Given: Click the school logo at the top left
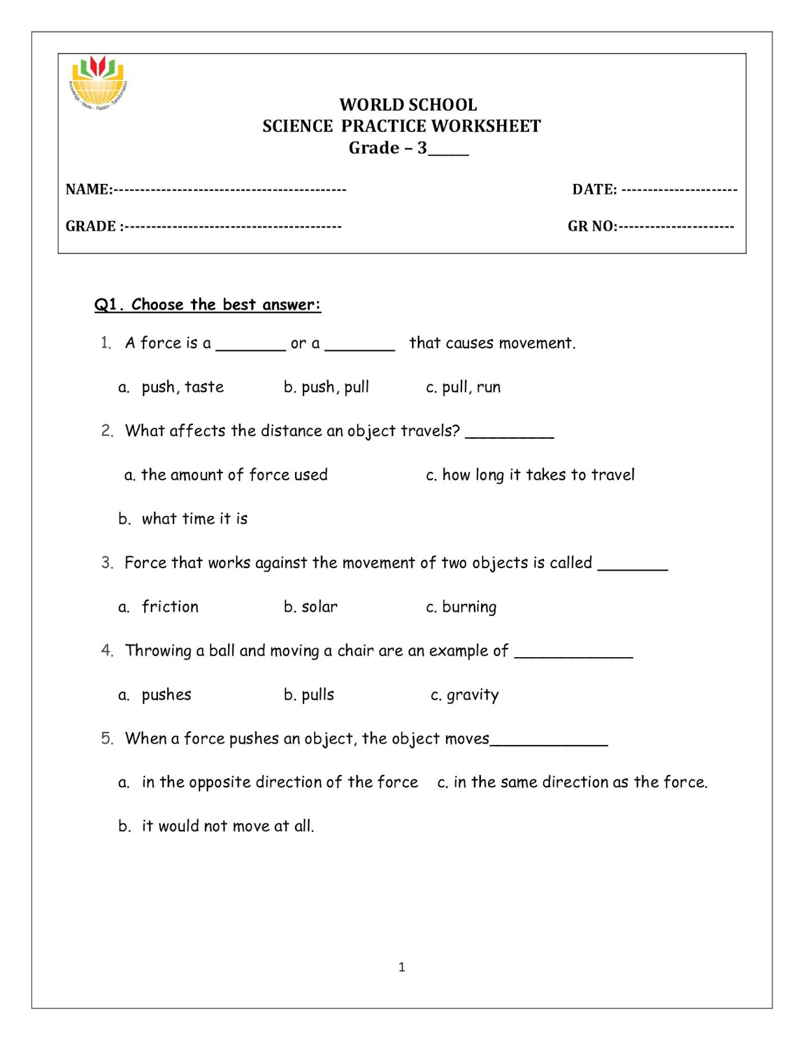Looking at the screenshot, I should [98, 83].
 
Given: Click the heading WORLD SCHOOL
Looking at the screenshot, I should [408, 105].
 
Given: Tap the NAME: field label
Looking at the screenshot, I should [89, 189].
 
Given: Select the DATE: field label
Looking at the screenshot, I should [594, 189].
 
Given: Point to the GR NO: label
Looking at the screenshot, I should [592, 226].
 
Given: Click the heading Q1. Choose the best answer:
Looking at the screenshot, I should [207, 305].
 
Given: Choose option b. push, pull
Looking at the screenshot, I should [326, 387].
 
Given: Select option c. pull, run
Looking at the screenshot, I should [463, 387].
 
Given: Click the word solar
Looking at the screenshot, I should [319, 607].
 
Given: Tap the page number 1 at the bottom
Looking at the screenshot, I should [402, 967].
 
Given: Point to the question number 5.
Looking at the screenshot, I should [107, 738].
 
